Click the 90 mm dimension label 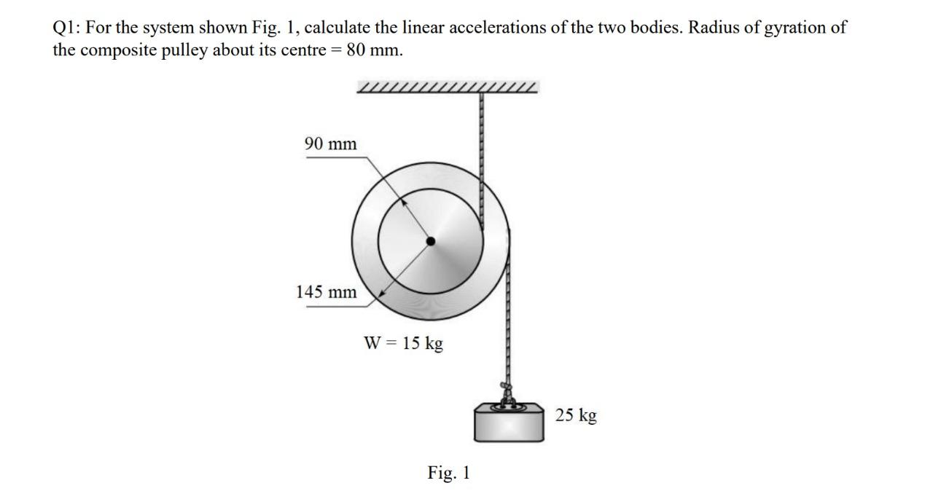tap(330, 144)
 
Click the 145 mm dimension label tap(326, 293)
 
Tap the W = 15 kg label tap(403, 342)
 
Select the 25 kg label tap(576, 415)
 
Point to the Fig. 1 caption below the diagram tap(449, 473)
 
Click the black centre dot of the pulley tap(430, 241)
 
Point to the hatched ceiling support tap(448, 88)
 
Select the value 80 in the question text tap(348, 51)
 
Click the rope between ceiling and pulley tap(480, 146)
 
